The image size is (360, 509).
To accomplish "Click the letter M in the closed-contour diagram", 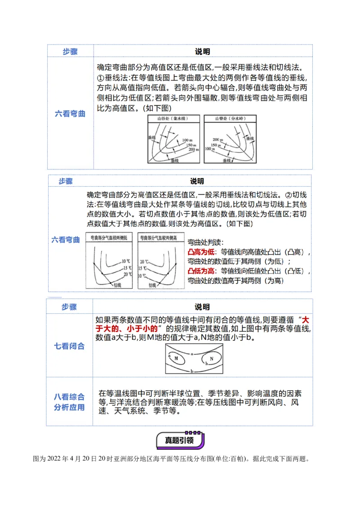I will coord(176,358).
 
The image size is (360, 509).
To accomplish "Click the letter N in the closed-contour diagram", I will coord(211,358).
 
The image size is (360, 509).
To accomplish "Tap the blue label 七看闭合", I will coord(69,346).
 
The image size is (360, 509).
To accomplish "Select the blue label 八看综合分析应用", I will coord(69,402).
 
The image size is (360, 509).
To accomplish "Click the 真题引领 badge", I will coord(180,440).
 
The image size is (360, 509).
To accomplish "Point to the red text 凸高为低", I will coord(201,252).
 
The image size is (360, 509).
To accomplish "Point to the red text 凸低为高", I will coord(201,271).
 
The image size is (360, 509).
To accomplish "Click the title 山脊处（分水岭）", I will coord(229,119).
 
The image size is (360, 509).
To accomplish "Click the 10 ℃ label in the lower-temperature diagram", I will coord(126,261).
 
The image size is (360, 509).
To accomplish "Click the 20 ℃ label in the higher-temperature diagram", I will coord(144,261).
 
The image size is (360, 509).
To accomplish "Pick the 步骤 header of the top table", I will coord(70,52).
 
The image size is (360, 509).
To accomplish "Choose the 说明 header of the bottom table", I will coord(202,307).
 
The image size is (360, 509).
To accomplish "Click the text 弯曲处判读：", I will coord(205,242).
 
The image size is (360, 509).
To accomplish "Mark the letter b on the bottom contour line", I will coord(192,371).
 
